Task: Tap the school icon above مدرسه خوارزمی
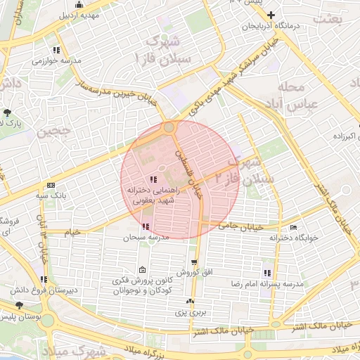56,50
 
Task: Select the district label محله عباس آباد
302,96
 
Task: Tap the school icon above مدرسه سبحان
146,226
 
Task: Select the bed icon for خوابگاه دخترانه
293,227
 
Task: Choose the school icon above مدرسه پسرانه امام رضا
266,273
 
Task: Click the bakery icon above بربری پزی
190,302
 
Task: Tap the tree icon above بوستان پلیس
18,306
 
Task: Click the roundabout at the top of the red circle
169,128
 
